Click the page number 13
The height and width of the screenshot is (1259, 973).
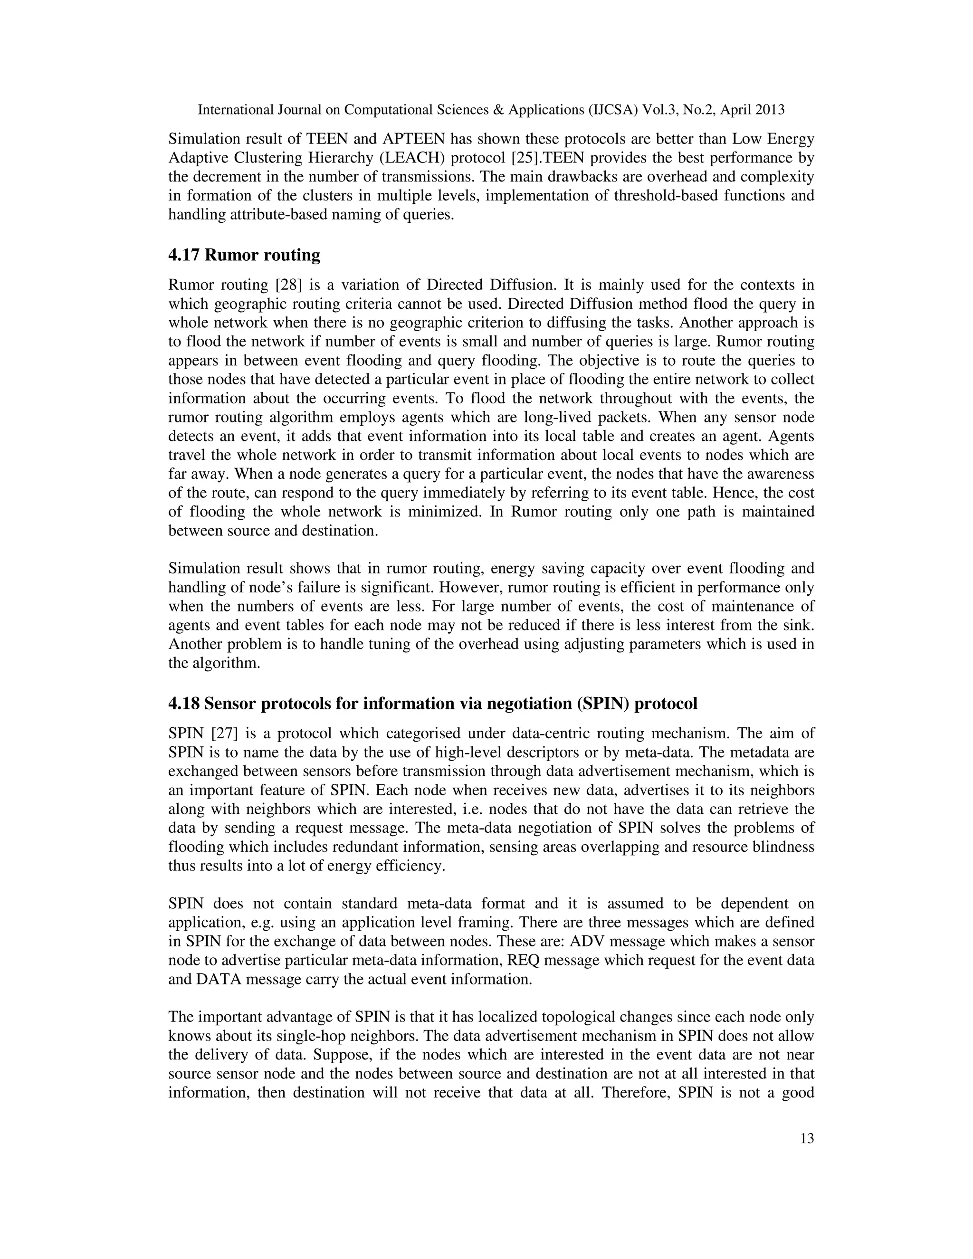click(807, 1138)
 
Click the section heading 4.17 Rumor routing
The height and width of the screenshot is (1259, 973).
click(244, 255)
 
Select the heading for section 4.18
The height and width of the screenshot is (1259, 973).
click(432, 703)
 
